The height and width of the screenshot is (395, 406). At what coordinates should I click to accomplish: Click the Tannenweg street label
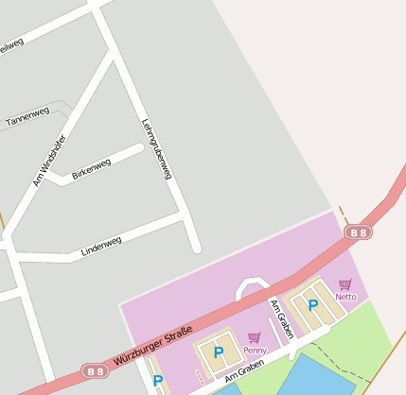click(27, 117)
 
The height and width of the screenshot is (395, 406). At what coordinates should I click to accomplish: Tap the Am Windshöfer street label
click(49, 160)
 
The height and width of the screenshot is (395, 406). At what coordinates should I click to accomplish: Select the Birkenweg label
click(91, 168)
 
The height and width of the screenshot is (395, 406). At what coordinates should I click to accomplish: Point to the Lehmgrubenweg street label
click(156, 148)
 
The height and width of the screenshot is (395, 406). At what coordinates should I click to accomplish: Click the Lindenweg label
click(101, 246)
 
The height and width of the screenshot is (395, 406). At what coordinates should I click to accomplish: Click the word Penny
click(255, 351)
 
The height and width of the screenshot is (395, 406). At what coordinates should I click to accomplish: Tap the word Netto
click(345, 297)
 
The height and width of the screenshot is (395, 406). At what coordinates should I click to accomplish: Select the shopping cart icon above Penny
click(254, 337)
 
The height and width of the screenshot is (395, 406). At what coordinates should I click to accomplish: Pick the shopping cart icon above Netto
click(344, 283)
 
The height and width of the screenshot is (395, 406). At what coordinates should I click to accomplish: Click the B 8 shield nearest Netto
click(357, 232)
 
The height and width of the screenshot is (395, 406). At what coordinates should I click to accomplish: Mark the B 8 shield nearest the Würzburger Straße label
click(93, 369)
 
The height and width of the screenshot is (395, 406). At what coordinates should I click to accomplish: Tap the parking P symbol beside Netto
click(312, 305)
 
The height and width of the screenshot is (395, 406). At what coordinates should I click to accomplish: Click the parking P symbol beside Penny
click(219, 352)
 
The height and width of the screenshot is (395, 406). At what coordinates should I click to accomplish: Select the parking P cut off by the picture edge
click(158, 382)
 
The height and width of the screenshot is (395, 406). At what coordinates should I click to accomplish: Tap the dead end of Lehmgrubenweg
click(197, 249)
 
